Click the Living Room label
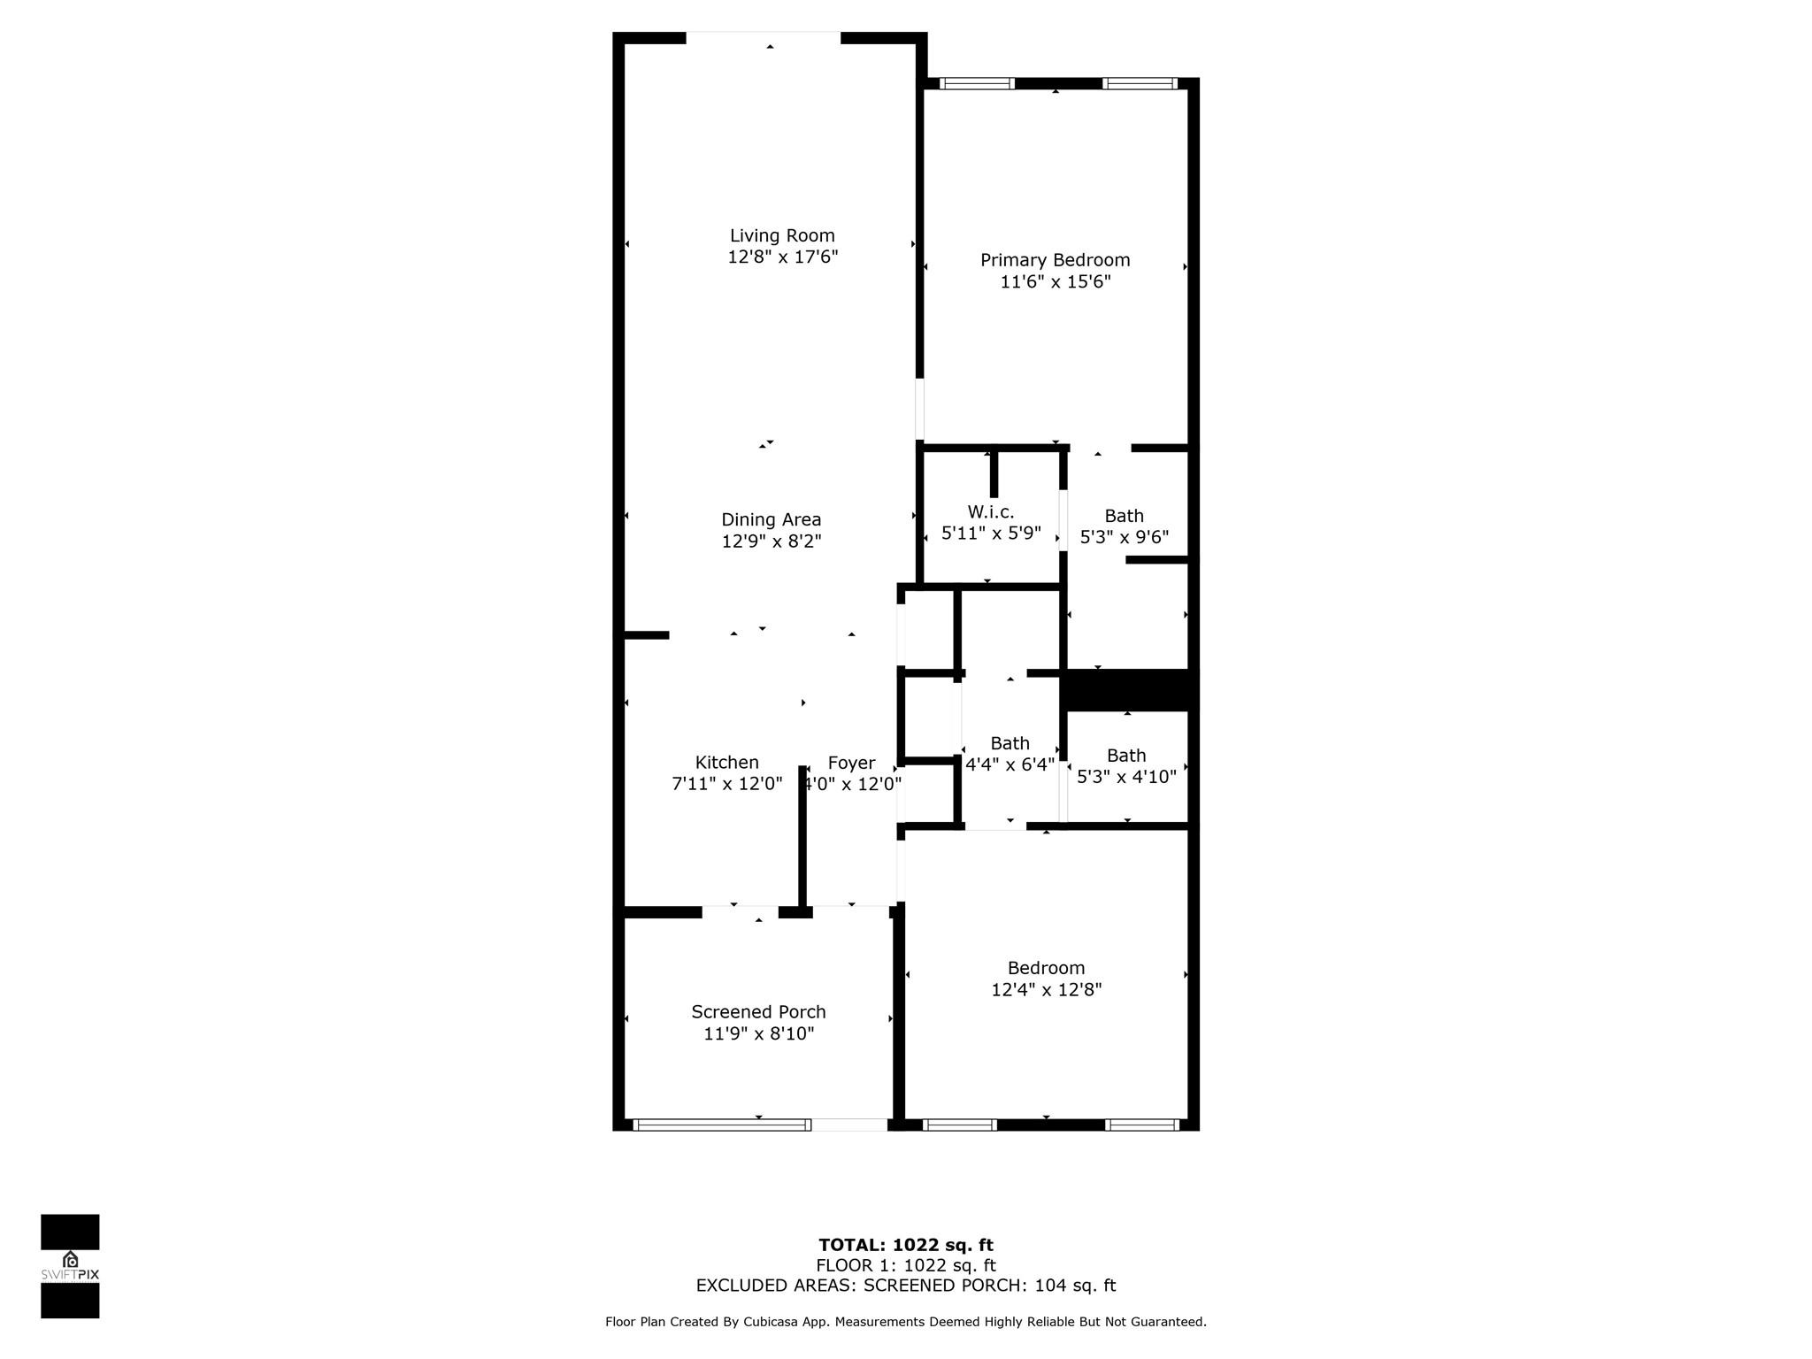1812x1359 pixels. click(782, 235)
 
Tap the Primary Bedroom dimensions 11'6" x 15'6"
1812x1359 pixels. click(1056, 282)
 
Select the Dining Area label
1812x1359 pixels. click(772, 520)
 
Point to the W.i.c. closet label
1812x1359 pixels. click(991, 512)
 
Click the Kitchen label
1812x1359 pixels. click(727, 763)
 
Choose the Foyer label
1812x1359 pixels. click(851, 763)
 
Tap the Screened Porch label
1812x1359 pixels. click(759, 1012)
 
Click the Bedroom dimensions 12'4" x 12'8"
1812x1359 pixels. click(1047, 990)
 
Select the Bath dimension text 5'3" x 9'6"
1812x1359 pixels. click(1125, 537)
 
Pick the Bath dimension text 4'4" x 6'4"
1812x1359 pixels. click(1010, 764)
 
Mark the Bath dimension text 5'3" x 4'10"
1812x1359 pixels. click(1126, 777)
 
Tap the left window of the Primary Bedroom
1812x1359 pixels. click(977, 84)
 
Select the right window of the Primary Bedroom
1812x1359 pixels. click(1140, 84)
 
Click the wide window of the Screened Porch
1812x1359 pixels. click(721, 1125)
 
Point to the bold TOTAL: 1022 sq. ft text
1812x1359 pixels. click(906, 1246)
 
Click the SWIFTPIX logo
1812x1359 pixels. click(70, 1266)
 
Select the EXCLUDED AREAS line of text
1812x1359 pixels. click(906, 1286)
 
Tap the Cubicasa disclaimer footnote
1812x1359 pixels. click(906, 1322)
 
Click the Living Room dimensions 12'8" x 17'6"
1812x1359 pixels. click(783, 257)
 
